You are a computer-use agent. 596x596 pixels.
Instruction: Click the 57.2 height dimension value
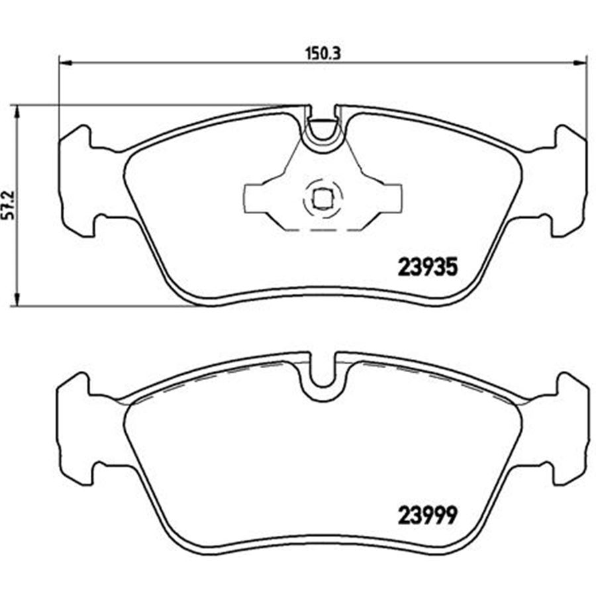click(x=9, y=205)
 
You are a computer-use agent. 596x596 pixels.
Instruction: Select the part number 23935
click(x=428, y=268)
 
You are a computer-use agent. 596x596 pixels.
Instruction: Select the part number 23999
click(x=427, y=515)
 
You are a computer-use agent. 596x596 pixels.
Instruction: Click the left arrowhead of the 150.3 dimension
click(x=66, y=62)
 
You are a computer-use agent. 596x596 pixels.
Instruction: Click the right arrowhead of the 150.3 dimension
click(x=580, y=62)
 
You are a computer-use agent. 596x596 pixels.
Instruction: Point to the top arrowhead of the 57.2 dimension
click(x=17, y=112)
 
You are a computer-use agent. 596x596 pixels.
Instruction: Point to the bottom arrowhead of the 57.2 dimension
click(x=17, y=299)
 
